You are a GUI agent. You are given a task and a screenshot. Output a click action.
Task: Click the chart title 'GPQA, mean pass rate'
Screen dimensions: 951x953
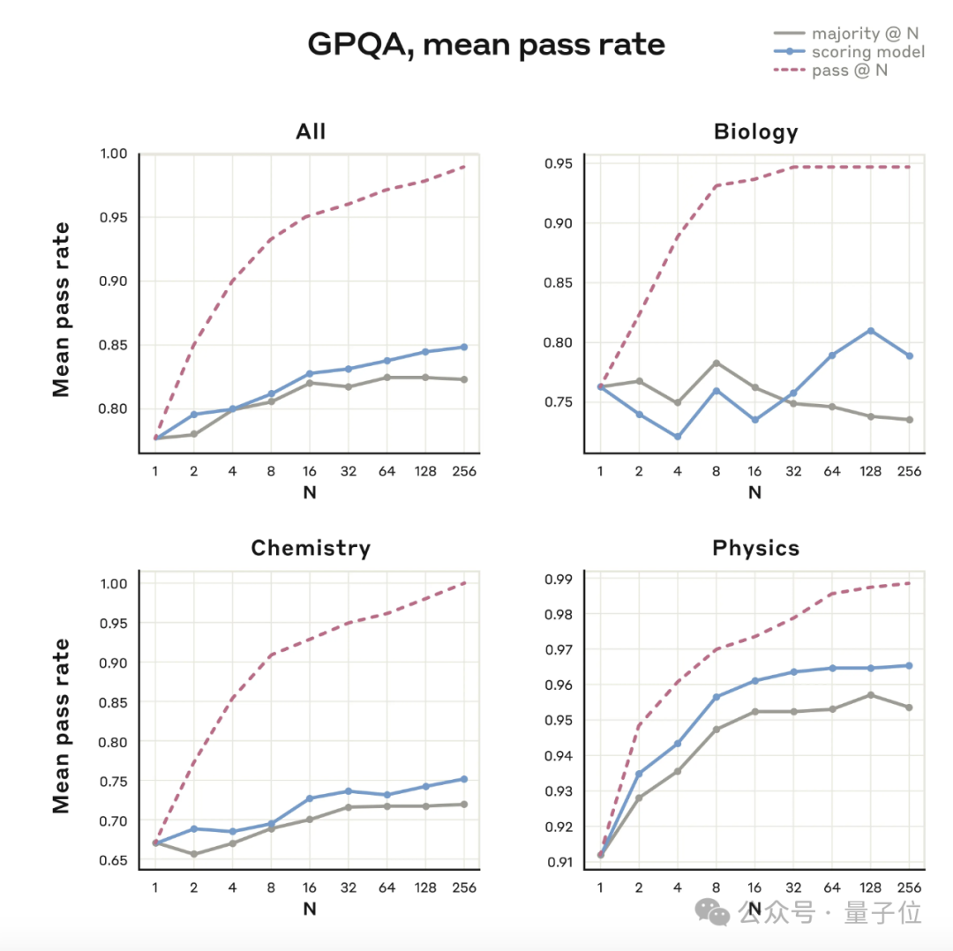point(485,44)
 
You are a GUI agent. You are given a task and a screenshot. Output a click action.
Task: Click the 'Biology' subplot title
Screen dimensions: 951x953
point(755,132)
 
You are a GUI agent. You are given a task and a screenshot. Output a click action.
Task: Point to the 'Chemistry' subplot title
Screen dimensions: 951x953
point(311,548)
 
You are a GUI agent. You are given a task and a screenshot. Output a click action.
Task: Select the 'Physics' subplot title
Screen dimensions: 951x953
point(755,548)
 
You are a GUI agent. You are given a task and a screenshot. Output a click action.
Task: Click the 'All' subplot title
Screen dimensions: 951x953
point(311,132)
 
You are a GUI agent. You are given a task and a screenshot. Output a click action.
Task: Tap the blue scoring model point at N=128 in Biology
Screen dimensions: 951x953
point(871,331)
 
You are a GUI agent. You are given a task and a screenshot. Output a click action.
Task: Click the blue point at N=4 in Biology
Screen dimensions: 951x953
point(678,437)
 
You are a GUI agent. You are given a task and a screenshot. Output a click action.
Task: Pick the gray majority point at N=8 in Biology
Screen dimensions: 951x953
point(717,363)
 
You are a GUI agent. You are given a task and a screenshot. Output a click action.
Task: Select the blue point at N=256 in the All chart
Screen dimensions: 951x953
point(464,347)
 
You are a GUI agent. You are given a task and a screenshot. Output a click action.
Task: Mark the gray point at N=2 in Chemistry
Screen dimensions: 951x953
point(193,854)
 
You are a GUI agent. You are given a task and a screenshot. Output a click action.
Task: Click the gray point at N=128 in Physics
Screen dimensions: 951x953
point(871,695)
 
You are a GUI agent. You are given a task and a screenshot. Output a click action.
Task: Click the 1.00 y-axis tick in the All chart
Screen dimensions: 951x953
point(115,154)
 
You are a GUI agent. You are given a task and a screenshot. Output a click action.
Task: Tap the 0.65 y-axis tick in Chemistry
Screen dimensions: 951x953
point(115,860)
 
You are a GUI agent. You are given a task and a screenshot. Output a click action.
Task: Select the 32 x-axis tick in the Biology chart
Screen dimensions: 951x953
point(793,471)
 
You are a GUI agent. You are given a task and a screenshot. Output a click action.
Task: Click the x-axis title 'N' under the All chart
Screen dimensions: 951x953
point(310,493)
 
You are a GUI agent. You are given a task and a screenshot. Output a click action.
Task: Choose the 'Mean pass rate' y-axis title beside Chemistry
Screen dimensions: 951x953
point(61,725)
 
